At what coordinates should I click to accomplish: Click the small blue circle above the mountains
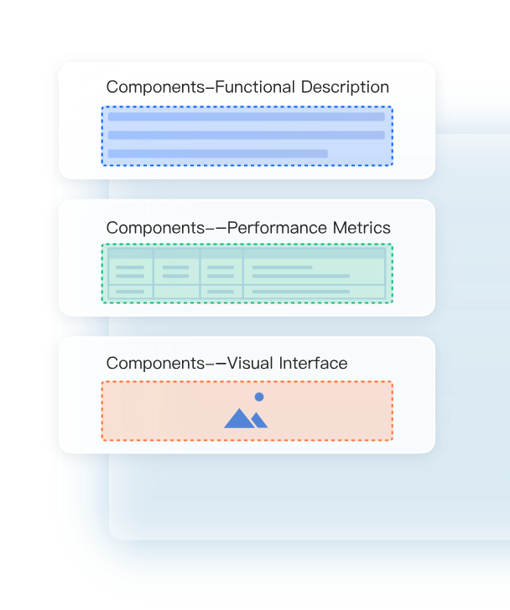[x=259, y=396]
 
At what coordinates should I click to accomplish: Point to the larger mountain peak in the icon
[x=239, y=418]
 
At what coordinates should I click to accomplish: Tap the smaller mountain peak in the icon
[x=259, y=420]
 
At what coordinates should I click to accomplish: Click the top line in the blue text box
[x=246, y=117]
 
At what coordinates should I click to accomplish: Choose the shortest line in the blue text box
[x=217, y=153]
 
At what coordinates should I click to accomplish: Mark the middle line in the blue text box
[x=246, y=135]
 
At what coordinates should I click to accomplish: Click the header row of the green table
[x=247, y=252]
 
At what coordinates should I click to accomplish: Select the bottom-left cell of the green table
[x=130, y=292]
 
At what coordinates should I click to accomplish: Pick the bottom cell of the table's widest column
[x=314, y=292]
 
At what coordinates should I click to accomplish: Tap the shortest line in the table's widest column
[x=282, y=268]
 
